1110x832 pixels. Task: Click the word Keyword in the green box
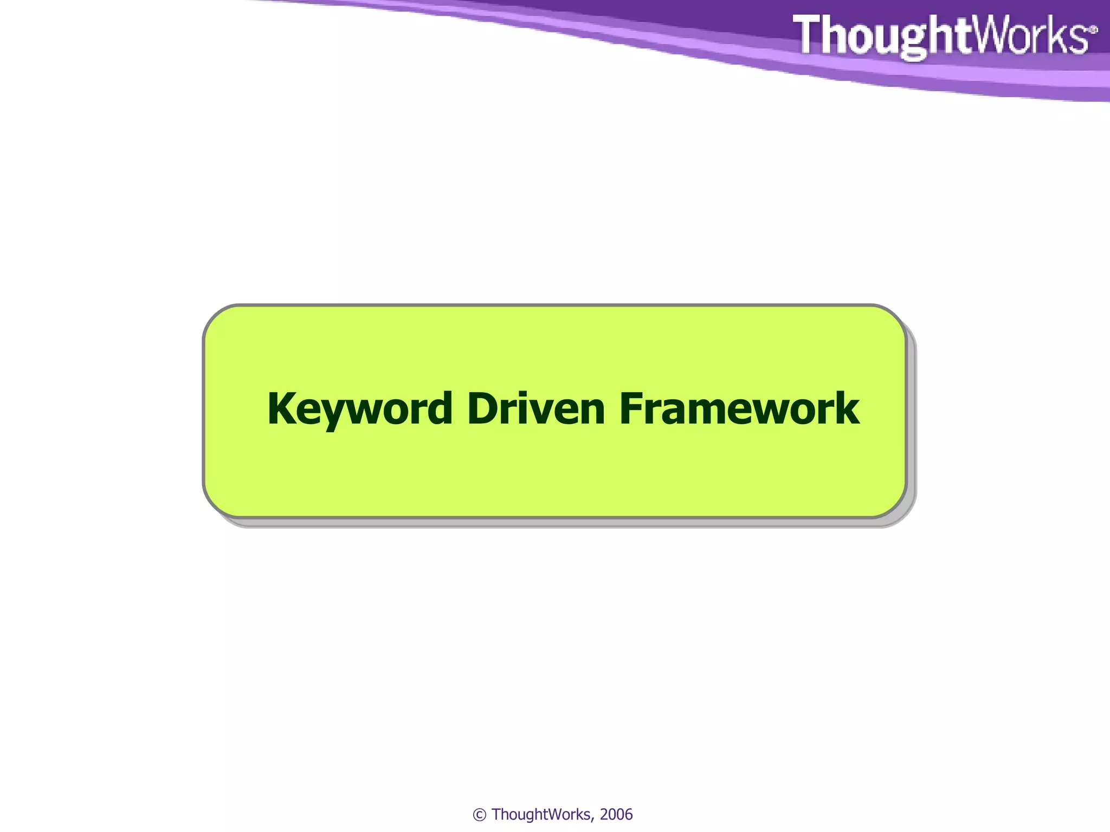click(360, 408)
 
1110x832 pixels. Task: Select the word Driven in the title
click(535, 408)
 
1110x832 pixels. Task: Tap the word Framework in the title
click(739, 408)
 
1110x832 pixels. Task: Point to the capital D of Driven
click(483, 408)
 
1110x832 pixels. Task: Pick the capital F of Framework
click(632, 408)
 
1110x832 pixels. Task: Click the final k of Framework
click(847, 408)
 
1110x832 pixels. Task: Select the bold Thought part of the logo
click(878, 35)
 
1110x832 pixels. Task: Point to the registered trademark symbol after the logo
click(1093, 30)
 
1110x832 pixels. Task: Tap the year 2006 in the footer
click(616, 815)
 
